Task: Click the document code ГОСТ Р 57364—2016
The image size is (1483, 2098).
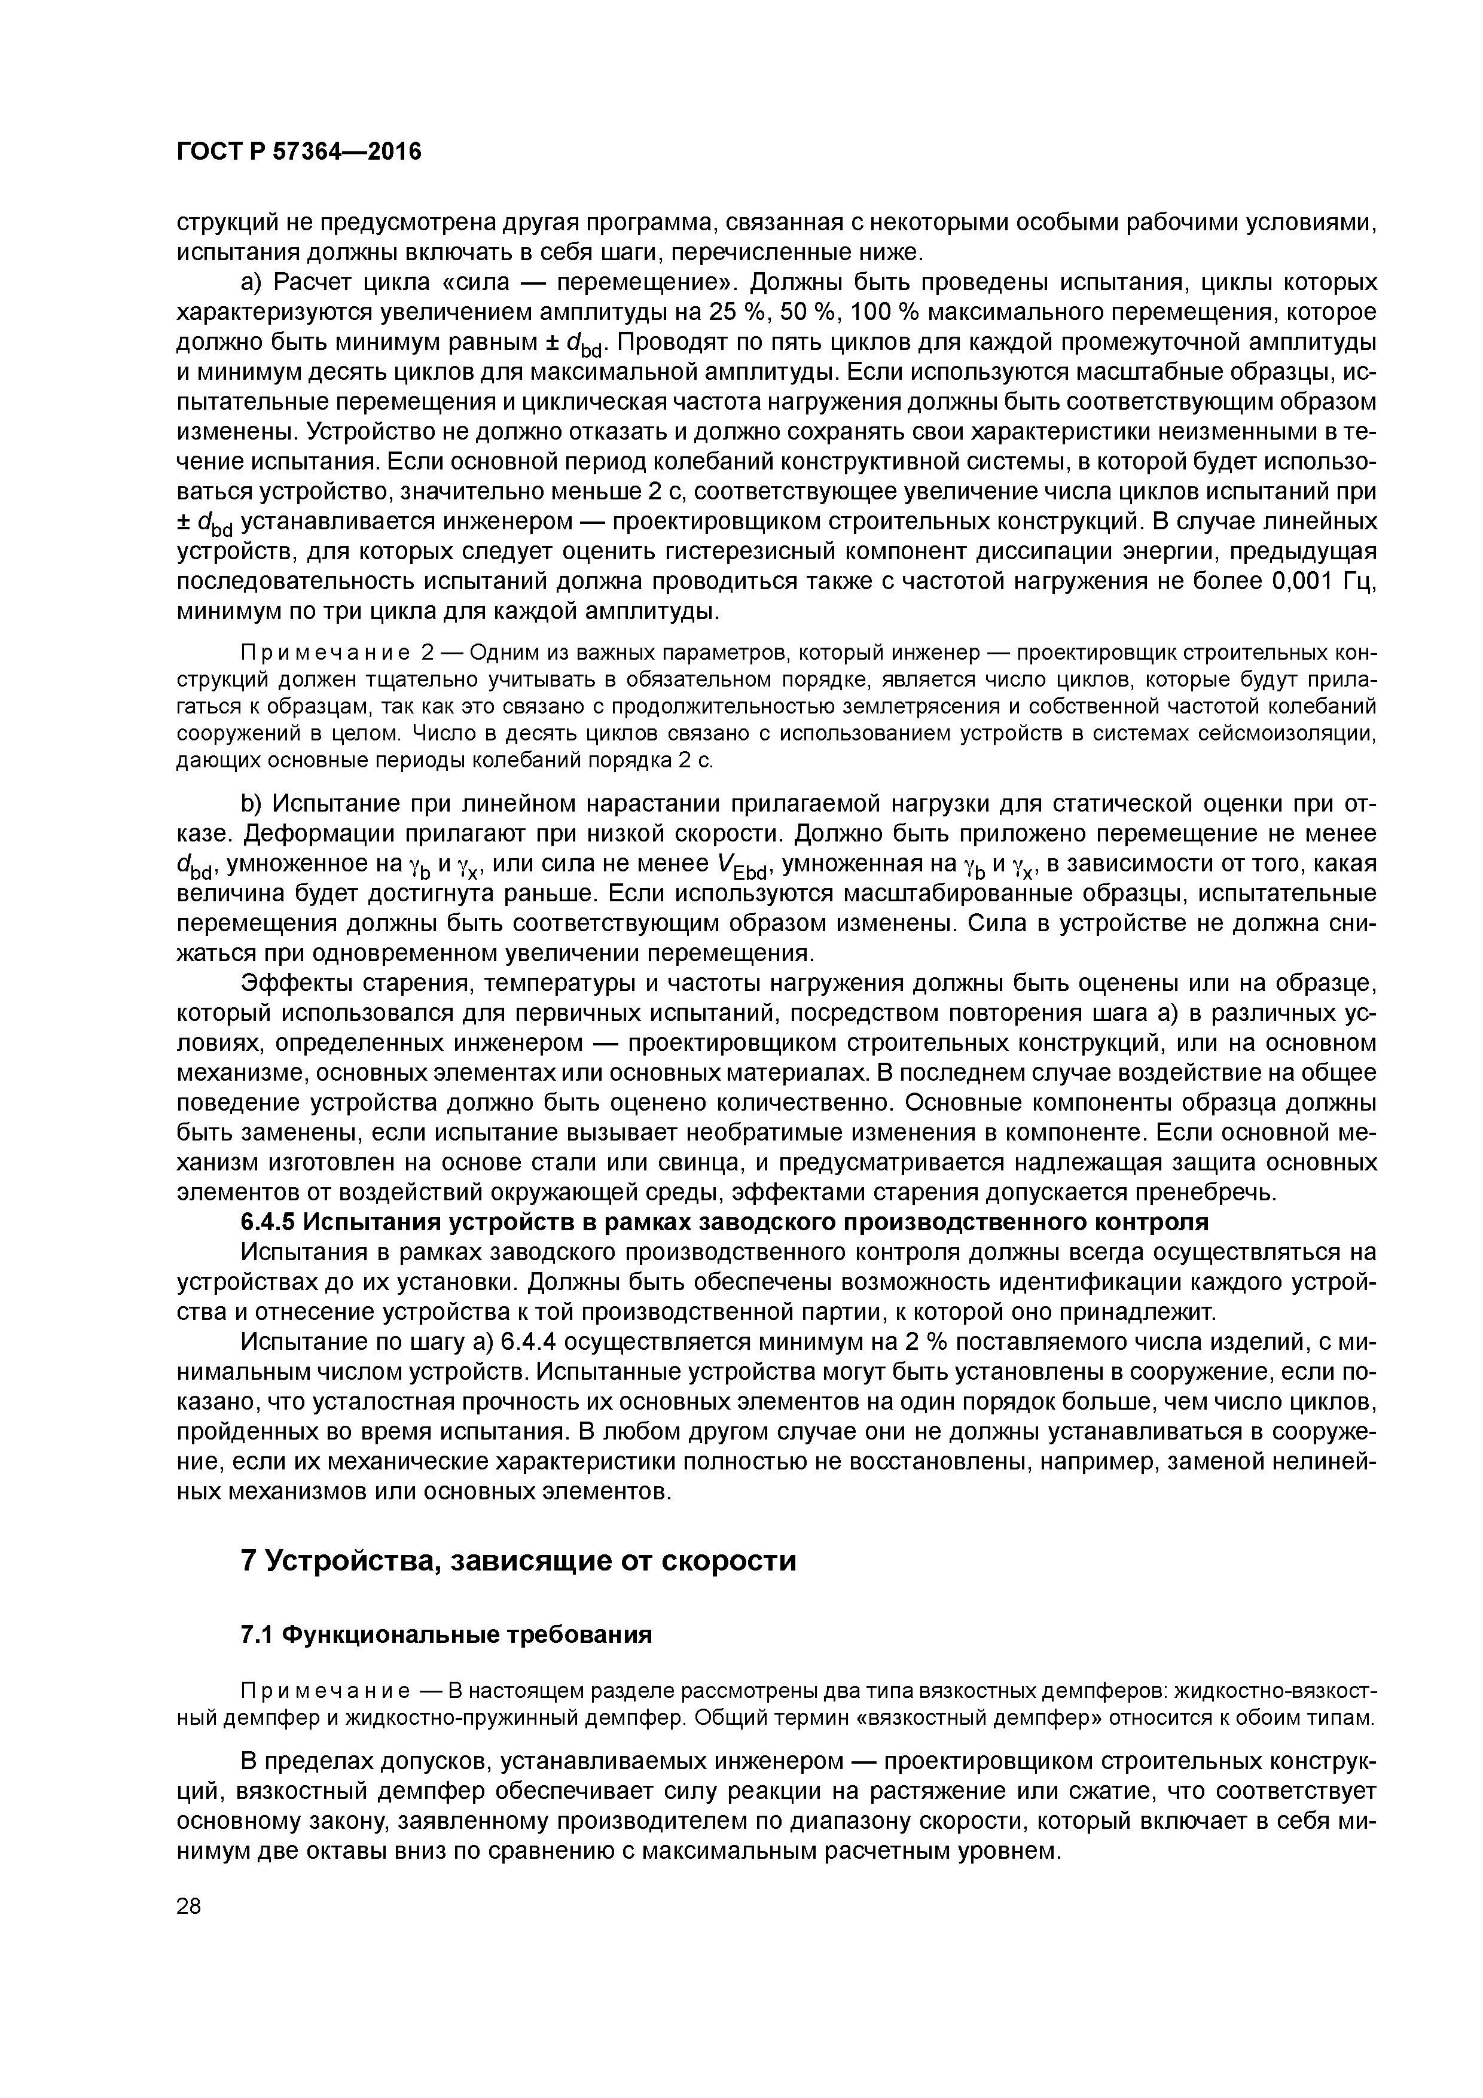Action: click(299, 152)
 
